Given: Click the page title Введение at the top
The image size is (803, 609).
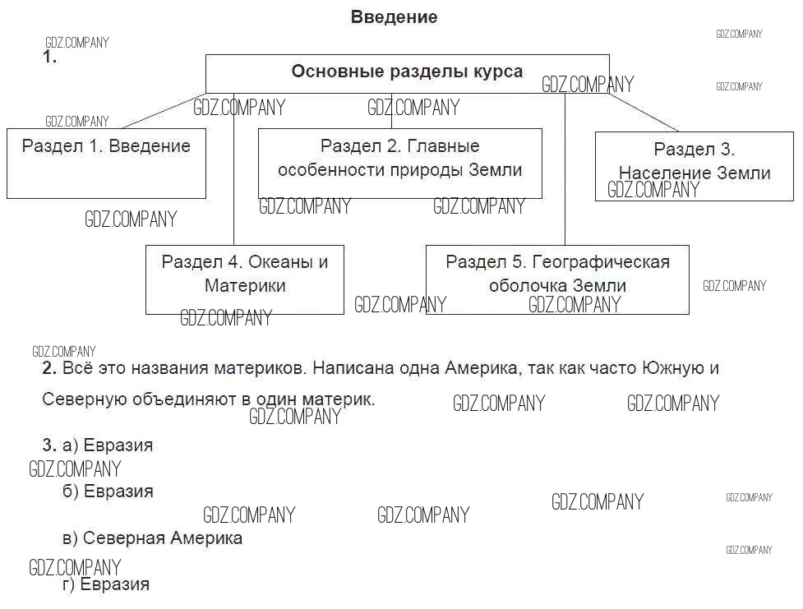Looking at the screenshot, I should (394, 17).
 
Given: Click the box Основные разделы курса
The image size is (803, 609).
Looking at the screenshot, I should (407, 72).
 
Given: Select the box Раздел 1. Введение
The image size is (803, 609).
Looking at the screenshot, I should (106, 162).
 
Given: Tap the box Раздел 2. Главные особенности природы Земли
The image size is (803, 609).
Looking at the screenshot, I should (399, 162).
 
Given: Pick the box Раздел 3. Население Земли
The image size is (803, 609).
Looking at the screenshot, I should (695, 165).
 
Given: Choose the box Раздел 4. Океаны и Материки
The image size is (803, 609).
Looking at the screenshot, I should (244, 279).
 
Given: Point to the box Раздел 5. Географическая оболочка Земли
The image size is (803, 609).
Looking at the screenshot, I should (557, 279).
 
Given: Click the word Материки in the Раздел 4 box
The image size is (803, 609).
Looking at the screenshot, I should (245, 286).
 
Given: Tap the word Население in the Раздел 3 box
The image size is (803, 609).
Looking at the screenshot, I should (658, 173).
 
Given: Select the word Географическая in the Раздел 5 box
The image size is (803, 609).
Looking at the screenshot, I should (601, 262).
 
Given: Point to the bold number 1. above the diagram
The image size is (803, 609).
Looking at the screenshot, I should (49, 58).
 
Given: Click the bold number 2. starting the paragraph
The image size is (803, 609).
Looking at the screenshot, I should (48, 368).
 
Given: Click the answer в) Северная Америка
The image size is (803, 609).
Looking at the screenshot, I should (152, 539).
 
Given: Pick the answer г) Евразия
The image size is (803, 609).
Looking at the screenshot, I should (106, 585).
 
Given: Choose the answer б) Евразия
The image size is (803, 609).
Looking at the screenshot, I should (108, 491).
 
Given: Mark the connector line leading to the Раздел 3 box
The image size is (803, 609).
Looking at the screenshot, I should (644, 112).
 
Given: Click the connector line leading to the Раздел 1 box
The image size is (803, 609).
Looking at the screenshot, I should (164, 110).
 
